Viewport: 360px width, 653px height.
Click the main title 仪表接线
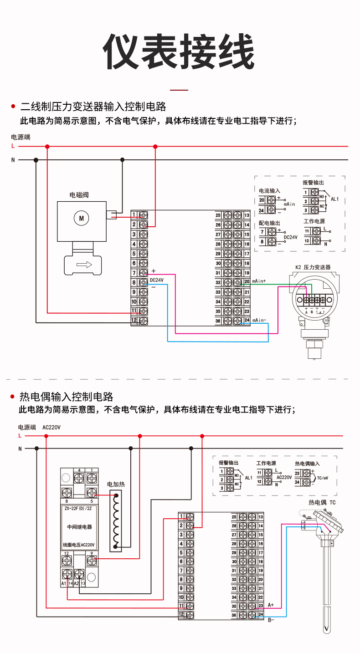(x=179, y=51)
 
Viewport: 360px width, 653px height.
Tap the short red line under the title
(x=179, y=90)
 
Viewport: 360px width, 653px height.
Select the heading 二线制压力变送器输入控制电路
(x=93, y=107)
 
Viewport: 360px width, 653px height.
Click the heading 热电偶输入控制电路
(x=66, y=397)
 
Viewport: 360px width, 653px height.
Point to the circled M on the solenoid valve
(x=82, y=218)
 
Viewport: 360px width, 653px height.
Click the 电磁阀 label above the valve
(x=78, y=195)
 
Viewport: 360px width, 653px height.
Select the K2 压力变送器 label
(x=313, y=267)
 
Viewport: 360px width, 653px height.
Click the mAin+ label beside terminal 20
(x=259, y=281)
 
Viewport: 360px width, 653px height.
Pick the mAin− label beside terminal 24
(x=259, y=320)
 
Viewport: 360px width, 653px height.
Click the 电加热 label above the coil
(x=115, y=485)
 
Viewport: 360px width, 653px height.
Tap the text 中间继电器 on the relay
(x=79, y=527)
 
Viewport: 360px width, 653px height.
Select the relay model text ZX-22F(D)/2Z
(x=79, y=509)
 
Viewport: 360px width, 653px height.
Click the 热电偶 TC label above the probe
(x=322, y=502)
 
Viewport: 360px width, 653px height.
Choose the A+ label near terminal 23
(x=271, y=605)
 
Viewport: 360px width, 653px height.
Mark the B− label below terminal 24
(x=271, y=620)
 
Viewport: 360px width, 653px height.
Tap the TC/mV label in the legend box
(x=323, y=479)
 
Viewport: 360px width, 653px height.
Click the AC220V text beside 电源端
(x=51, y=428)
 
